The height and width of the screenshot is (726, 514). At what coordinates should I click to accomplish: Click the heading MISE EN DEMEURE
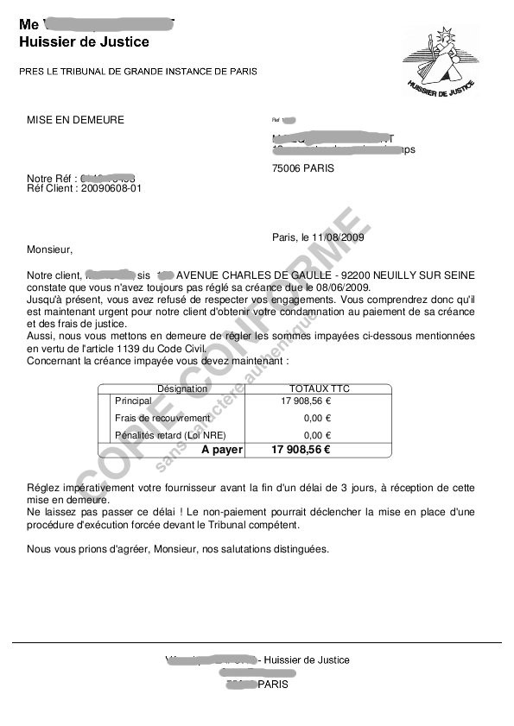click(x=75, y=120)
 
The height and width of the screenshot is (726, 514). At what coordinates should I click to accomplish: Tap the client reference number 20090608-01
click(x=111, y=187)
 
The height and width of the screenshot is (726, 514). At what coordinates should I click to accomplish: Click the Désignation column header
click(x=182, y=388)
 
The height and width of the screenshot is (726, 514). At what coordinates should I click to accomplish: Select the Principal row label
click(x=133, y=401)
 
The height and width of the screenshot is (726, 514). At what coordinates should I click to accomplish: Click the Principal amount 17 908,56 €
click(x=306, y=401)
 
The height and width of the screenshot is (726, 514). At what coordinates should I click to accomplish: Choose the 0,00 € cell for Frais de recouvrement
click(x=317, y=418)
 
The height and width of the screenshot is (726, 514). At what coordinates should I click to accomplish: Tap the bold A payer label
click(x=222, y=450)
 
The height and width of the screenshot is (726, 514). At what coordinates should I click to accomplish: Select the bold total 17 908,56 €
click(x=301, y=450)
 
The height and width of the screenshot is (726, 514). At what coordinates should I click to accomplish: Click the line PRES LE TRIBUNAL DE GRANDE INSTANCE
click(x=138, y=71)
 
